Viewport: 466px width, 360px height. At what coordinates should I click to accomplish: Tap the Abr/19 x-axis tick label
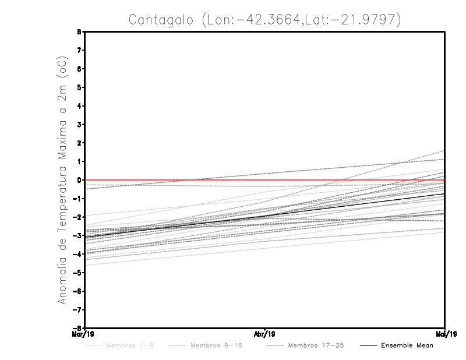pos(265,334)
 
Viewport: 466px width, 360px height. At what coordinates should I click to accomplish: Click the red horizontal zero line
pos(349,181)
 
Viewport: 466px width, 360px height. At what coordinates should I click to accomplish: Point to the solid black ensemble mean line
pos(265,216)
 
